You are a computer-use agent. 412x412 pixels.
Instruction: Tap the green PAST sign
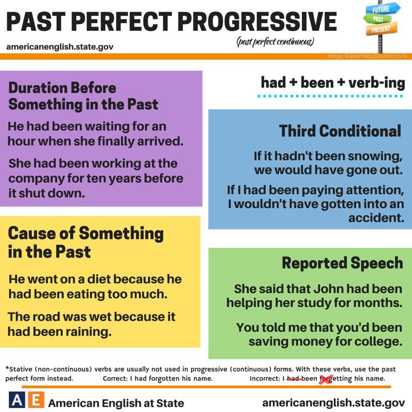click(377, 19)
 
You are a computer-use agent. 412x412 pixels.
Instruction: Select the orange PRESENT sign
click(382, 29)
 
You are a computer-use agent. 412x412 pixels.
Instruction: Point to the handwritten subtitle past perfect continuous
click(276, 42)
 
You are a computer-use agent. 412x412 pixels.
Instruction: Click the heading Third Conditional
click(340, 131)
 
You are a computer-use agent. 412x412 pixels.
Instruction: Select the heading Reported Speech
click(342, 263)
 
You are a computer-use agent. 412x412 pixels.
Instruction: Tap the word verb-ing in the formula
click(377, 83)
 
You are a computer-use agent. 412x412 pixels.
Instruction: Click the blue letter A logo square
click(17, 400)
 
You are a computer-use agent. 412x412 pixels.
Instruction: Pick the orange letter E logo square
click(36, 400)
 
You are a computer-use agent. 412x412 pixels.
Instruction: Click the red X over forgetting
click(326, 380)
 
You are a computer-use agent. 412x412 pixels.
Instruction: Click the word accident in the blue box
click(376, 218)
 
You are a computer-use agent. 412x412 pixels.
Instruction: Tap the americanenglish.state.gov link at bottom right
click(334, 403)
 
